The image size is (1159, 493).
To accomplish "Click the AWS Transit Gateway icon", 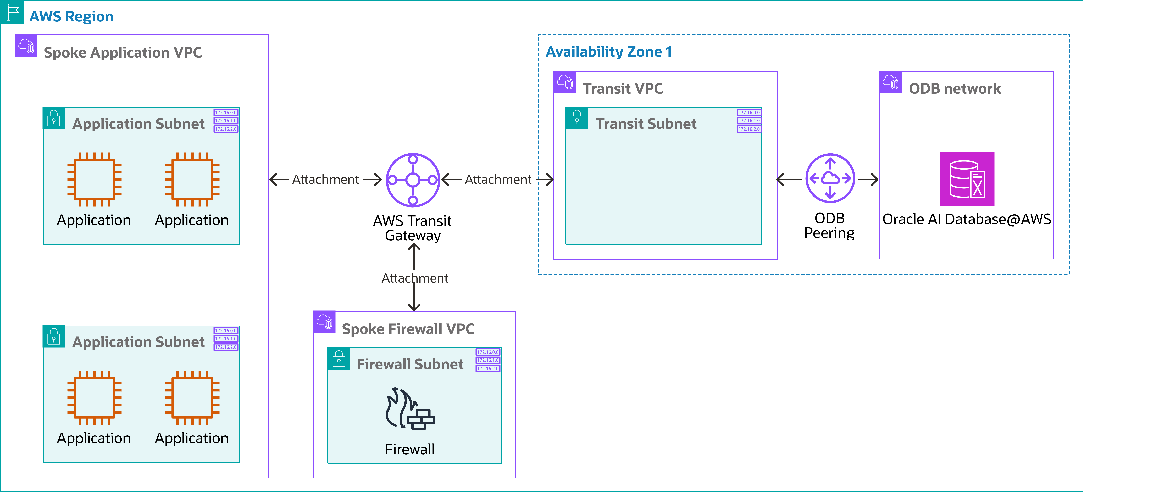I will click(413, 180).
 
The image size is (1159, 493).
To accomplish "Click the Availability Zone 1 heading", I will click(608, 52).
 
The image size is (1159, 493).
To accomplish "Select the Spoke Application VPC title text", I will click(122, 53).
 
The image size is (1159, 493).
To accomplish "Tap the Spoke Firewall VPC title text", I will click(408, 329).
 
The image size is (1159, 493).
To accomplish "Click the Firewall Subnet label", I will click(409, 364).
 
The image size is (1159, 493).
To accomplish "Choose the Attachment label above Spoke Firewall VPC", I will click(414, 278).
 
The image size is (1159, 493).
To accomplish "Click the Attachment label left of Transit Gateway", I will click(325, 180).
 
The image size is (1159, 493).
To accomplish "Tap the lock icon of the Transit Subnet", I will click(577, 119).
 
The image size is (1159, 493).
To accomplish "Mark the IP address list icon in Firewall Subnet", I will click(488, 360).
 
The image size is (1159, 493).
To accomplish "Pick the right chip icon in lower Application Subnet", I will click(192, 398).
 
